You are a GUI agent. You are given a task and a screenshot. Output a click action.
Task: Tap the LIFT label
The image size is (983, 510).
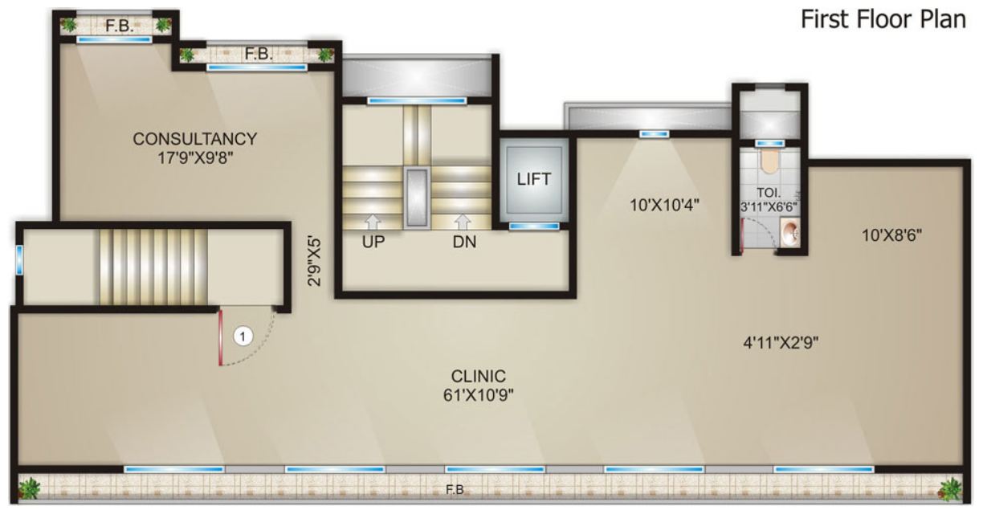point(534,179)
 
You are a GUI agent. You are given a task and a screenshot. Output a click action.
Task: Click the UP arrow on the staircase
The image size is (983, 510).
point(373,221)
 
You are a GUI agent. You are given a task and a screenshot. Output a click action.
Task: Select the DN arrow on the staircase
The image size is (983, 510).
point(463,221)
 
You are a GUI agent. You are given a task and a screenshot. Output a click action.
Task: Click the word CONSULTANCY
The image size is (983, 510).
point(195,139)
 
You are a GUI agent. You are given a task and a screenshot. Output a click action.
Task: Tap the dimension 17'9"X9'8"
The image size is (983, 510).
point(195,157)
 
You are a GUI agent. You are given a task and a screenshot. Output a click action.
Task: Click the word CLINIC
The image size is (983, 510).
point(478,376)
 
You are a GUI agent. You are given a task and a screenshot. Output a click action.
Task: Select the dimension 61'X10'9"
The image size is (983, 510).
point(478,394)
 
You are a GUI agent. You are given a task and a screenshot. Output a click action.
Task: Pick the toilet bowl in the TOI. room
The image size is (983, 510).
point(769,161)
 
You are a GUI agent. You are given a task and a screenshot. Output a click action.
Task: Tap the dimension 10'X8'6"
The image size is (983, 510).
point(891,235)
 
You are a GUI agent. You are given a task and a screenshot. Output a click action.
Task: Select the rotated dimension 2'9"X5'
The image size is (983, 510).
point(318,259)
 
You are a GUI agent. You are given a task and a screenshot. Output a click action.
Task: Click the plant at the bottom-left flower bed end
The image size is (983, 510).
point(30,488)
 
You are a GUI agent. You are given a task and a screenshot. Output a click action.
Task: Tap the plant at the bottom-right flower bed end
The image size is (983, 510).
point(950,488)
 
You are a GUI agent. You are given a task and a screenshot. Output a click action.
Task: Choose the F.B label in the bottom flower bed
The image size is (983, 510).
point(455,488)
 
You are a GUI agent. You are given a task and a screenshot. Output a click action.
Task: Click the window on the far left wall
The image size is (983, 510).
point(18,259)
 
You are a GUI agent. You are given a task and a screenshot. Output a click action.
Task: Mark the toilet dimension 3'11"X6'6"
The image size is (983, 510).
point(769,206)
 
